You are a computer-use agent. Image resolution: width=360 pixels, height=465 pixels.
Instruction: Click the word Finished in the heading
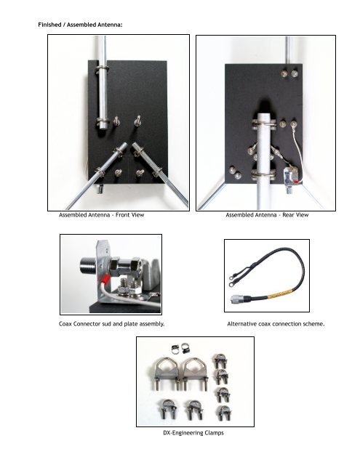49,25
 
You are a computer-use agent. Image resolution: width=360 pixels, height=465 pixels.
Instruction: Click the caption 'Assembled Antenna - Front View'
102,215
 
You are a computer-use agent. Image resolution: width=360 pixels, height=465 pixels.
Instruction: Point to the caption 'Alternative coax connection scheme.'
276,324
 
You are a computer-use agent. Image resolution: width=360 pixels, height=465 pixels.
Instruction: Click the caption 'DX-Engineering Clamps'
193,433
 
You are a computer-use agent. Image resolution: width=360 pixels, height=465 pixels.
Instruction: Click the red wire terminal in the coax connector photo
105,280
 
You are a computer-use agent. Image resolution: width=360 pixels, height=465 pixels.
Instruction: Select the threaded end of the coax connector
88,266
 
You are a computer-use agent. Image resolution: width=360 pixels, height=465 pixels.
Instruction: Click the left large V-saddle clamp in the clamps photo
167,373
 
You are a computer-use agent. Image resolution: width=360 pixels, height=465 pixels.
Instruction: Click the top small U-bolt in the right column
220,361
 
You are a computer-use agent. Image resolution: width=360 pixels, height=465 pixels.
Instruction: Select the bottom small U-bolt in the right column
224,413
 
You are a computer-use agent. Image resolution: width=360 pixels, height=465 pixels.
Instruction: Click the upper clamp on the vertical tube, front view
102,70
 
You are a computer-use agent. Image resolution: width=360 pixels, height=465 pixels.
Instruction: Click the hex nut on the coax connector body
115,266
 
